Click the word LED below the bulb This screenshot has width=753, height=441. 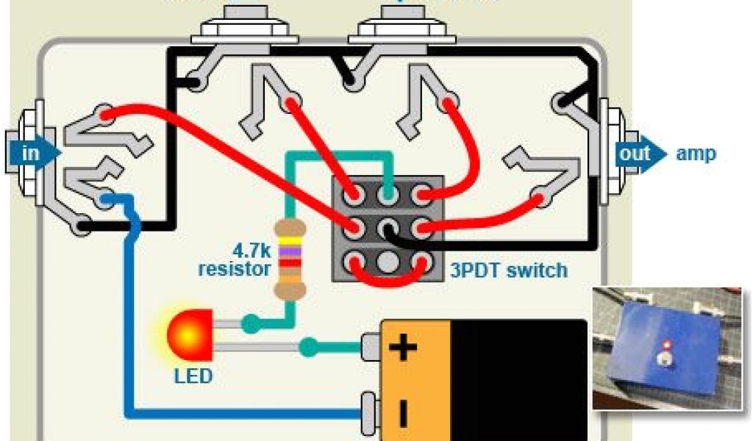[x=193, y=376]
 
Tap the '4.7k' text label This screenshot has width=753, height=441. [x=247, y=248]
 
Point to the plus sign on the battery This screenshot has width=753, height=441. [x=402, y=346]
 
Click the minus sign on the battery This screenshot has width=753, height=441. [x=402, y=413]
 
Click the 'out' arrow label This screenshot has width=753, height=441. [x=635, y=154]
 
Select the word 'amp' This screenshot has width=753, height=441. [x=695, y=154]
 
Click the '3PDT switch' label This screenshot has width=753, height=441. [x=509, y=270]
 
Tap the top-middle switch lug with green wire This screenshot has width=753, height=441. [x=388, y=196]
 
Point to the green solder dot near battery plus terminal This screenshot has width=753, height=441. [x=310, y=344]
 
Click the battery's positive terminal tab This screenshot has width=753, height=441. [x=371, y=346]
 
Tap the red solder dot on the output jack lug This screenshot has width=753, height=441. [x=540, y=198]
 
